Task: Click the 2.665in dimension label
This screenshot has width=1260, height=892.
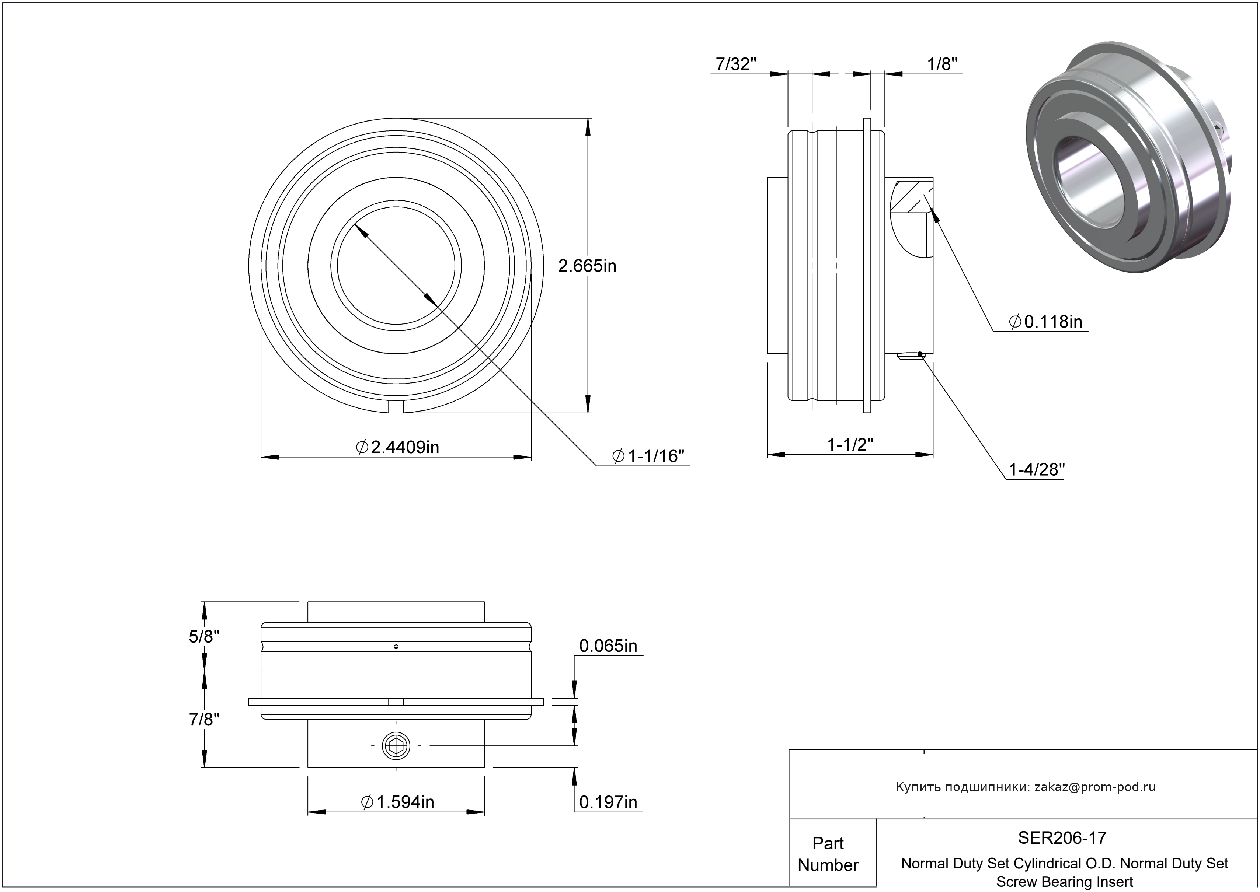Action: pyautogui.click(x=587, y=266)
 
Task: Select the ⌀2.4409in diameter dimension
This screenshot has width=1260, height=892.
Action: pyautogui.click(x=398, y=447)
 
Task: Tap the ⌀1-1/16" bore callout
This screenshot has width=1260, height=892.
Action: pyautogui.click(x=648, y=456)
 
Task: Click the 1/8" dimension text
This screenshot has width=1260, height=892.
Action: pyautogui.click(x=942, y=64)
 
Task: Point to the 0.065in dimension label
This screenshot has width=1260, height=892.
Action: pyautogui.click(x=608, y=646)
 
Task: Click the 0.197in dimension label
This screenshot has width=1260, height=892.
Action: pyautogui.click(x=608, y=802)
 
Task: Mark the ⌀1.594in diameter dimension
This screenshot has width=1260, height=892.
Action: pyautogui.click(x=397, y=802)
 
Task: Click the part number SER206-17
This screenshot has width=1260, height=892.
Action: pyautogui.click(x=1062, y=837)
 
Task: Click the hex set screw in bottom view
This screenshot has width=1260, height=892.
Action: pyautogui.click(x=396, y=746)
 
